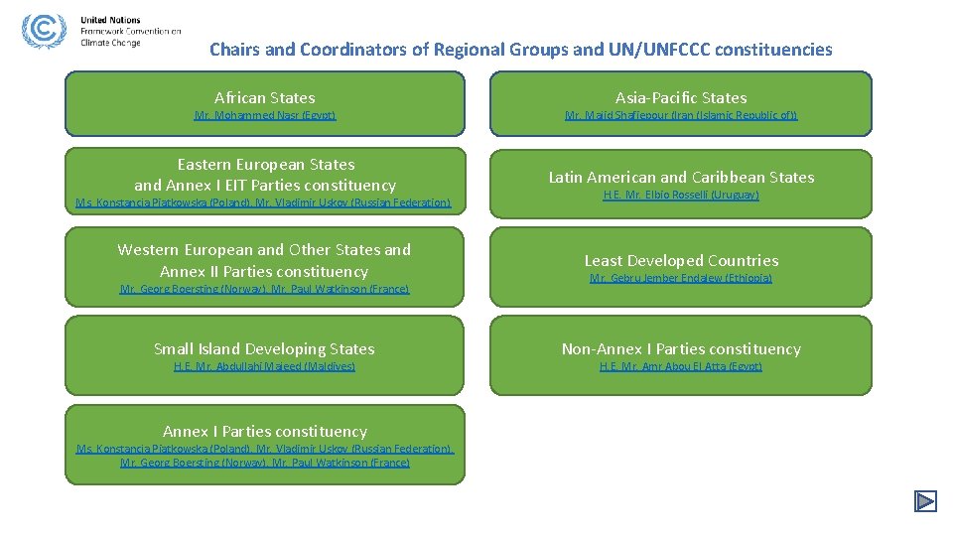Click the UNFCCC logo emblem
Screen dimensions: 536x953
pyautogui.click(x=42, y=32)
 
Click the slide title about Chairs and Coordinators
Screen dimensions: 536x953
pyautogui.click(x=520, y=49)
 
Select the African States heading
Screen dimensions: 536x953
pyautogui.click(x=264, y=97)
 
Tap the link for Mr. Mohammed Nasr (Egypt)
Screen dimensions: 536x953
pyautogui.click(x=264, y=116)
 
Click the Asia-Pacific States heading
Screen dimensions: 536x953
pyautogui.click(x=680, y=97)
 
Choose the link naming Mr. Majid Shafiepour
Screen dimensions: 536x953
pyautogui.click(x=680, y=116)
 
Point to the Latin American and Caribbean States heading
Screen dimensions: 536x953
pyautogui.click(x=680, y=177)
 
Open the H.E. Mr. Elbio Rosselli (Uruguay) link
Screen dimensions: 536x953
pyautogui.click(x=680, y=196)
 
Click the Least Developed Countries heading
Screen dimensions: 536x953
pyautogui.click(x=680, y=260)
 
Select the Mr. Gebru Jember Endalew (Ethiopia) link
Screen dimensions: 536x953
pyautogui.click(x=680, y=279)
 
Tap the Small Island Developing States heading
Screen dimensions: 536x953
pyautogui.click(x=264, y=348)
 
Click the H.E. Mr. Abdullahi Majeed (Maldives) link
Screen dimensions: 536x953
pyautogui.click(x=264, y=367)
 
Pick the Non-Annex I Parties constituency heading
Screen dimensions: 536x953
pyautogui.click(x=680, y=348)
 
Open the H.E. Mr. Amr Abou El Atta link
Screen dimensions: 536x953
pyautogui.click(x=680, y=367)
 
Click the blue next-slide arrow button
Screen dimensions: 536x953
pyautogui.click(x=925, y=501)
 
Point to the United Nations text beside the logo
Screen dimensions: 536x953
pyautogui.click(x=110, y=20)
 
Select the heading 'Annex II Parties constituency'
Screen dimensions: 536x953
pyautogui.click(x=264, y=271)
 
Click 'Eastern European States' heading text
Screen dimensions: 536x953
pyautogui.click(x=265, y=164)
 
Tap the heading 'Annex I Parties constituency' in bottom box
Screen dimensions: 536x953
pyautogui.click(x=264, y=431)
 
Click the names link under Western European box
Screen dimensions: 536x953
pyautogui.click(x=264, y=290)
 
